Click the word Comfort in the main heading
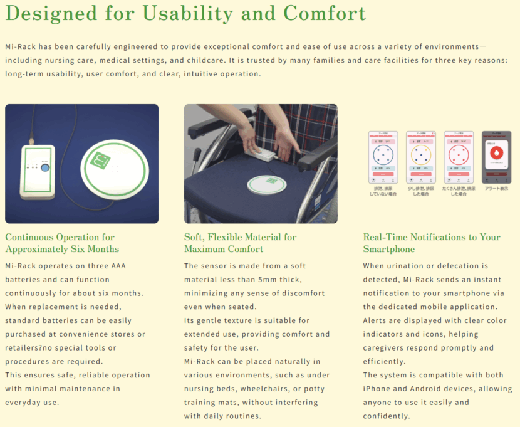(x=324, y=13)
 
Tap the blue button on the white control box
(x=46, y=167)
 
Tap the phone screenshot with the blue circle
(x=382, y=157)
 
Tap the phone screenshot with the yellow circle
(x=420, y=157)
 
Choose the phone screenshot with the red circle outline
(x=458, y=157)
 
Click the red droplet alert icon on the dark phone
(x=496, y=154)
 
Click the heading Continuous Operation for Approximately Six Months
(x=61, y=243)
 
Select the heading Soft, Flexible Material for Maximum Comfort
(x=240, y=243)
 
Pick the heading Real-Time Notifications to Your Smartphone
(x=432, y=243)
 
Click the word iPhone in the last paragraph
(x=377, y=389)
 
